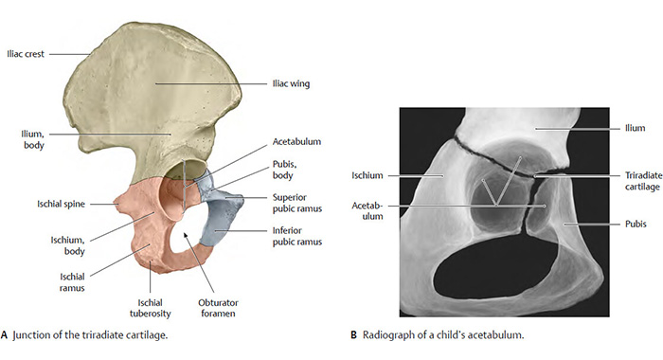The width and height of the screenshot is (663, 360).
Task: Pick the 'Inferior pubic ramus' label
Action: point(293,236)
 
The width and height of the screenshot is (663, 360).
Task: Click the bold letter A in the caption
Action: point(6,334)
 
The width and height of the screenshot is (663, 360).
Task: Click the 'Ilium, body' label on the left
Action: point(31,138)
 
